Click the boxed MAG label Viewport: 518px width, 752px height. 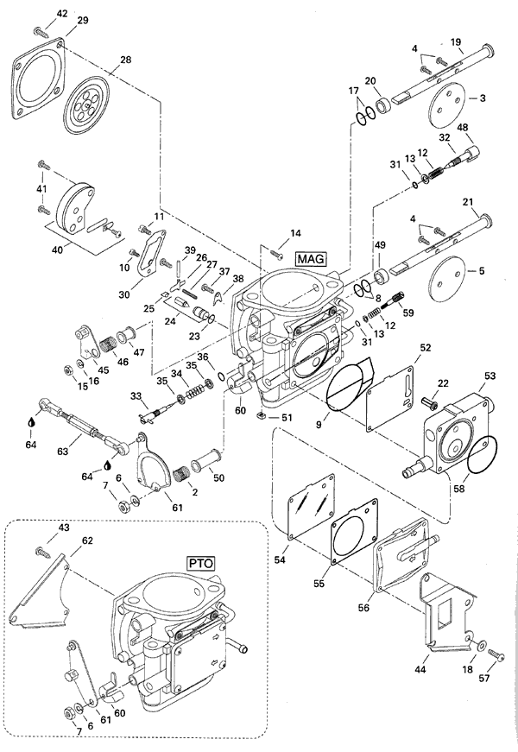click(x=310, y=257)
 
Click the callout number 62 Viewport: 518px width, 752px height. click(x=87, y=541)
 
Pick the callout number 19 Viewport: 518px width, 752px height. click(x=457, y=41)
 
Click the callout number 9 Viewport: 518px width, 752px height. click(x=321, y=423)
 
